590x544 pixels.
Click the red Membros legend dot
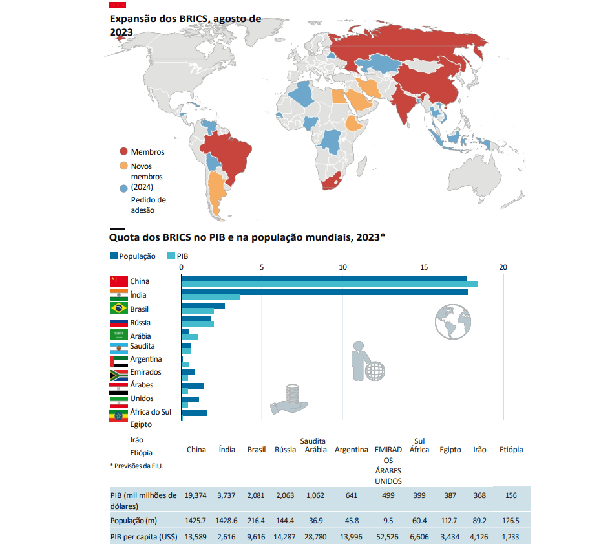point(123,151)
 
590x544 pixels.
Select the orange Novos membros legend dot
point(123,166)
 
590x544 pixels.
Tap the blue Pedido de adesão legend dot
point(123,189)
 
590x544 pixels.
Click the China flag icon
point(118,281)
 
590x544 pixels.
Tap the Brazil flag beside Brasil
point(118,309)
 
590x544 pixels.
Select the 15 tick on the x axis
point(423,267)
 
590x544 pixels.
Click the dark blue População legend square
point(114,256)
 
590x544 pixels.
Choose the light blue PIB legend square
point(171,256)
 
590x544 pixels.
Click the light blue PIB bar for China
point(330,284)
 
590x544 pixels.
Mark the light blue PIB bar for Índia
point(211,298)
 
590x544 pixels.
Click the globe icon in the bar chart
point(454,321)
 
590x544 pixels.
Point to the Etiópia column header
point(511,450)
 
